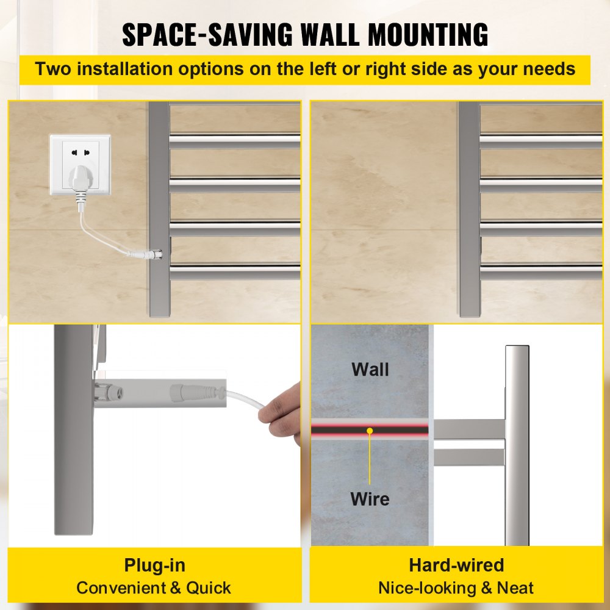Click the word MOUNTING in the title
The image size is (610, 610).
pyautogui.click(x=428, y=35)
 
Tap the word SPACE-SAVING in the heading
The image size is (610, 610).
pyautogui.click(x=207, y=35)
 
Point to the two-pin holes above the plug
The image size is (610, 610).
pyautogui.click(x=80, y=152)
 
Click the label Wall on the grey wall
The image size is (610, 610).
pyautogui.click(x=370, y=369)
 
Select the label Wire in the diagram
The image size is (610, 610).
pyautogui.click(x=370, y=499)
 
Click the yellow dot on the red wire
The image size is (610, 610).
pyautogui.click(x=370, y=430)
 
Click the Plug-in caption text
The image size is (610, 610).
pyautogui.click(x=154, y=565)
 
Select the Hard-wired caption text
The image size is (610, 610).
pyautogui.click(x=456, y=565)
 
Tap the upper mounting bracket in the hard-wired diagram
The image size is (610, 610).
pyautogui.click(x=469, y=429)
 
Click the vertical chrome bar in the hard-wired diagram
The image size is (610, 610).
pyautogui.click(x=517, y=445)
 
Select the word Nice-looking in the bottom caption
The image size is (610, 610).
pyautogui.click(x=427, y=588)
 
